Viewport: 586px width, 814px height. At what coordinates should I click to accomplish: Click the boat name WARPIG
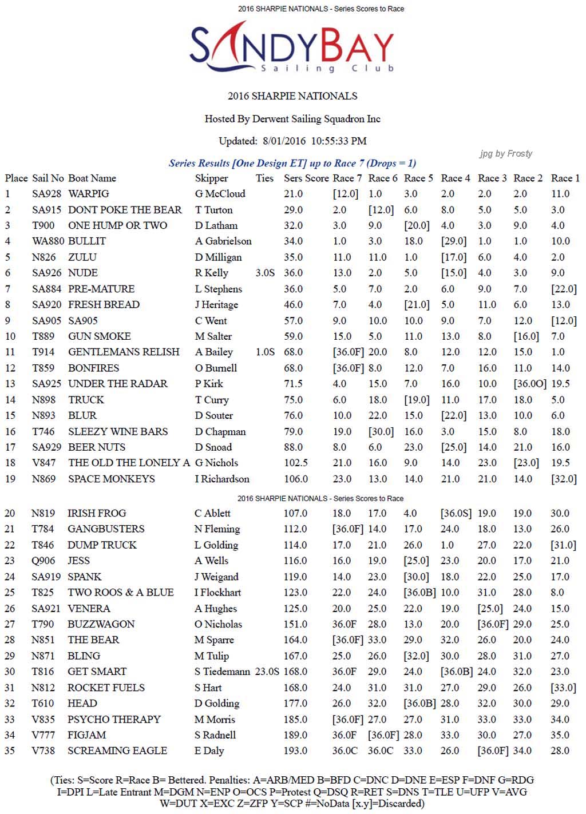[89, 194]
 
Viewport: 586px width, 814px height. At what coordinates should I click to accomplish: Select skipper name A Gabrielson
[223, 241]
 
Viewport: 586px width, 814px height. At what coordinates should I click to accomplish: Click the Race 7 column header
[347, 178]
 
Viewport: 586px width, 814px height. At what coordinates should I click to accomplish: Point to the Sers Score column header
[306, 178]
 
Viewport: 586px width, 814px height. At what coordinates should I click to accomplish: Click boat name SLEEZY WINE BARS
[118, 431]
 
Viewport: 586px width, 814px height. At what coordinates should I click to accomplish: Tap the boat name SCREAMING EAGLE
[117, 751]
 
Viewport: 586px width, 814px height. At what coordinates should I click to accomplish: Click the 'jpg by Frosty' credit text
[506, 154]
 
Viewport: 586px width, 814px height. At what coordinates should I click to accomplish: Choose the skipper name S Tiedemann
[222, 672]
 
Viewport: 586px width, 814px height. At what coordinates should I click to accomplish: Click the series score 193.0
[295, 751]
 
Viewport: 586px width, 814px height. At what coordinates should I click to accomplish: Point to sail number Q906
[43, 561]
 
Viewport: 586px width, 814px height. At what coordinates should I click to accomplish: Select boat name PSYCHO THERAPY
[114, 719]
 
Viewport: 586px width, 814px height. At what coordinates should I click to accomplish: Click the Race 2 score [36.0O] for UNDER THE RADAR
[530, 384]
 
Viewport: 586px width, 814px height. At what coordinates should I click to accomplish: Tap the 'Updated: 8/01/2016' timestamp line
[292, 141]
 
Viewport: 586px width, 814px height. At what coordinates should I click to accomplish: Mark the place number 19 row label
[10, 479]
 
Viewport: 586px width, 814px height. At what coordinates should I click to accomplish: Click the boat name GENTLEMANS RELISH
[124, 352]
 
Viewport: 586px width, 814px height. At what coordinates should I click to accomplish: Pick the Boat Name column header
[92, 178]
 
